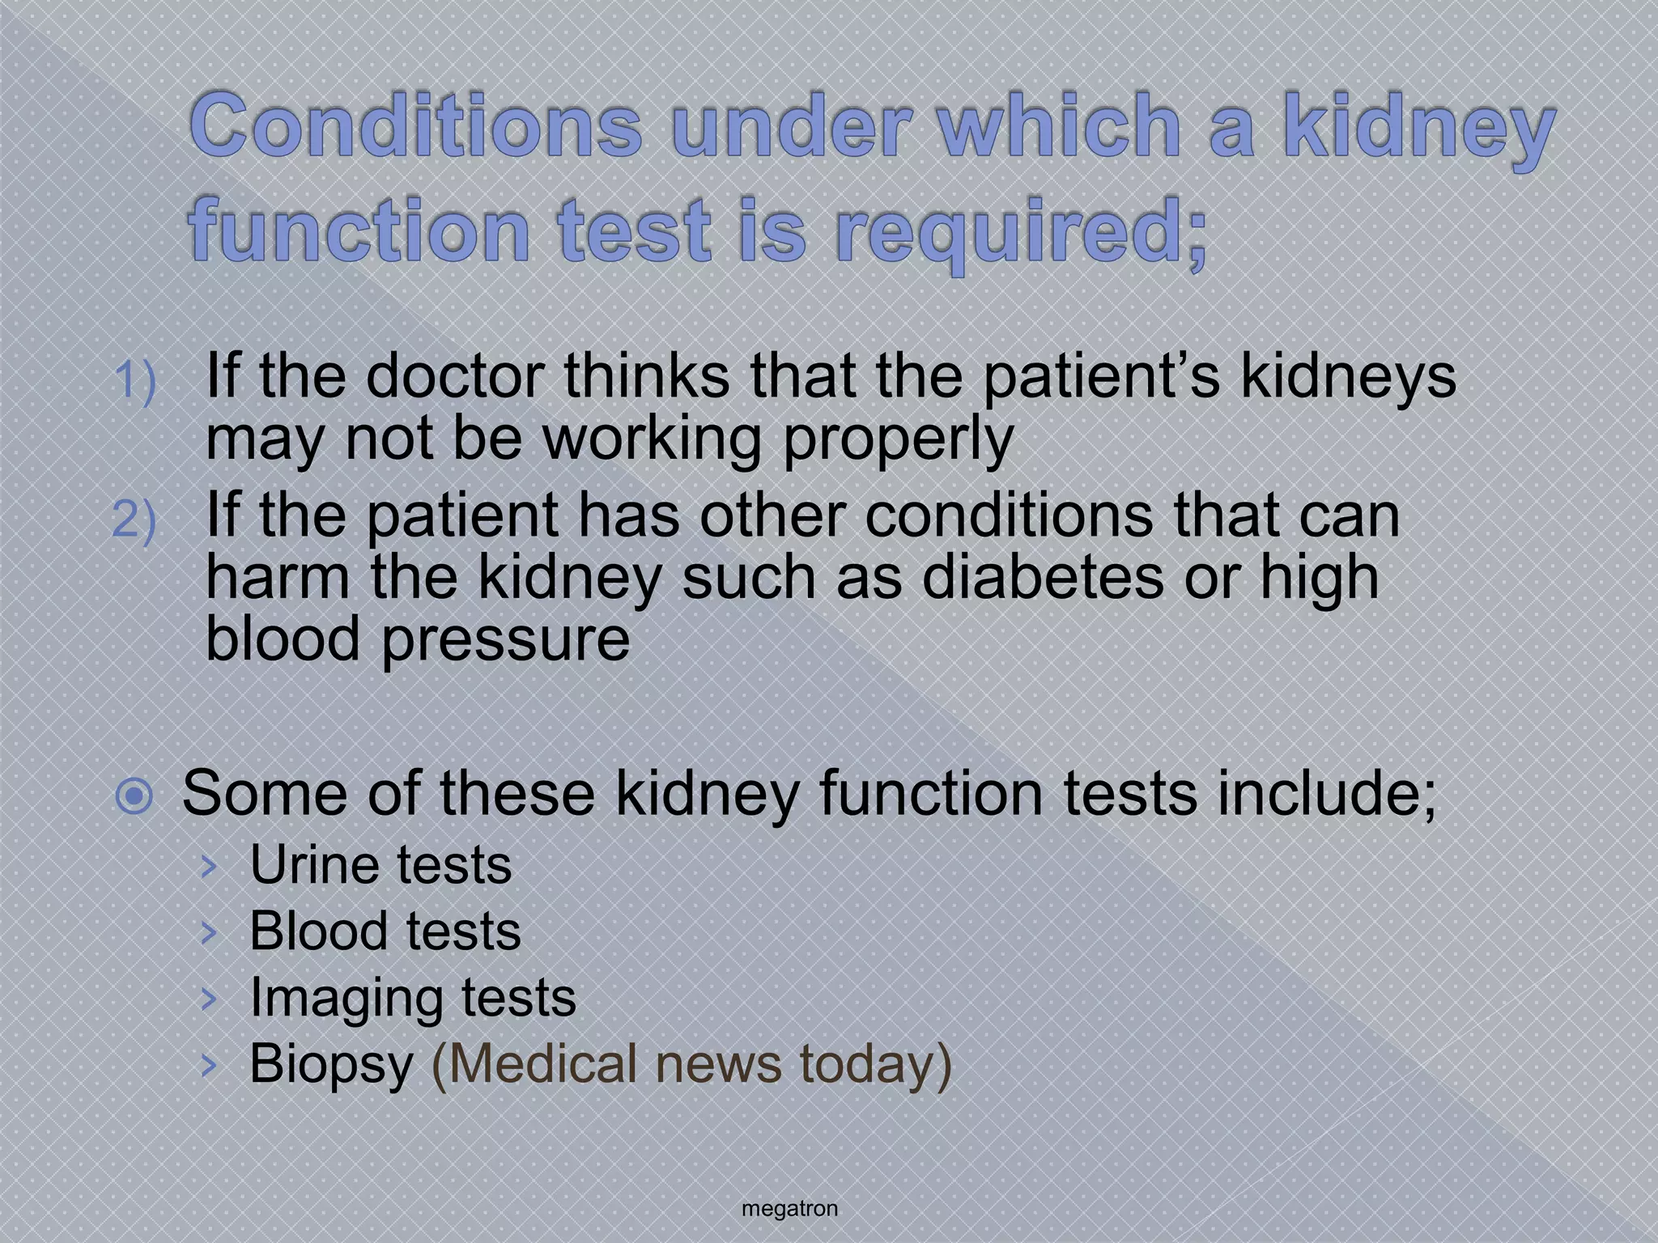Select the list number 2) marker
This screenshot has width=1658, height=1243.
pyautogui.click(x=134, y=519)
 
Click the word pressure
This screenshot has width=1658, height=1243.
pyautogui.click(x=505, y=639)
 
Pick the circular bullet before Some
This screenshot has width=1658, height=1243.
pyautogui.click(x=134, y=796)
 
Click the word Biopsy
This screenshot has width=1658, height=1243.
pyautogui.click(x=331, y=1063)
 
